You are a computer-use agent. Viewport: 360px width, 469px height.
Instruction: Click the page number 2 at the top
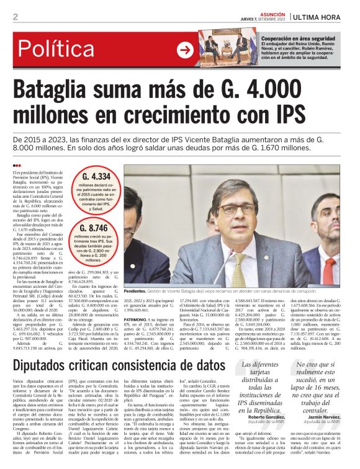(15, 17)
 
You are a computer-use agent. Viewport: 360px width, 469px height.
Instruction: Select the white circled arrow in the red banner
(186, 50)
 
